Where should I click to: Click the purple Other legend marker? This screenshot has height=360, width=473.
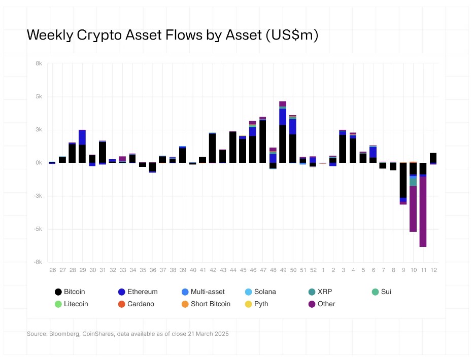coord(312,304)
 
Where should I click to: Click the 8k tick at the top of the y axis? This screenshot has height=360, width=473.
coord(39,63)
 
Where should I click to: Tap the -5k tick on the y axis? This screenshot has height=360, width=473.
coord(39,229)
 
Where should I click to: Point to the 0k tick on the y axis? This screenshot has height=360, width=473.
coord(39,163)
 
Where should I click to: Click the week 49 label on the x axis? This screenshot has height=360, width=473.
coord(283,270)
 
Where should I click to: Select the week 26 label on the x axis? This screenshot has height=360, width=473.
coord(52,270)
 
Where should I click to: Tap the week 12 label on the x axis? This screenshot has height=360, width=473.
coord(433,270)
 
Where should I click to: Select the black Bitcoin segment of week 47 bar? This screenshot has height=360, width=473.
coord(263,142)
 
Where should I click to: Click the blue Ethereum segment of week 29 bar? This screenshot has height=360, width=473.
coord(82,137)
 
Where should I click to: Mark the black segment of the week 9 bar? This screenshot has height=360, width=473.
coord(403,180)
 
